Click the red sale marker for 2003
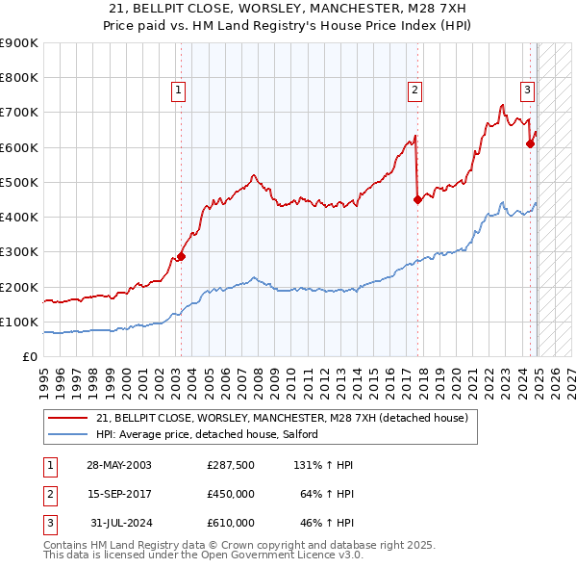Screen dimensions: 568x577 point(181,257)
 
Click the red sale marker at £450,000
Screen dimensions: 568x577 point(417,200)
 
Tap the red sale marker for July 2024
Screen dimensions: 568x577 point(530,144)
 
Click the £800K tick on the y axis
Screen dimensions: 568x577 point(18,78)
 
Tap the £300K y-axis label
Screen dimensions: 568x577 point(18,252)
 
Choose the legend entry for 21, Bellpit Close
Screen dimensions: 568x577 point(282,418)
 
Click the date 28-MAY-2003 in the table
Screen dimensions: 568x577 point(119,465)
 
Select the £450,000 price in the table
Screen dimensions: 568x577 point(231,494)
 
